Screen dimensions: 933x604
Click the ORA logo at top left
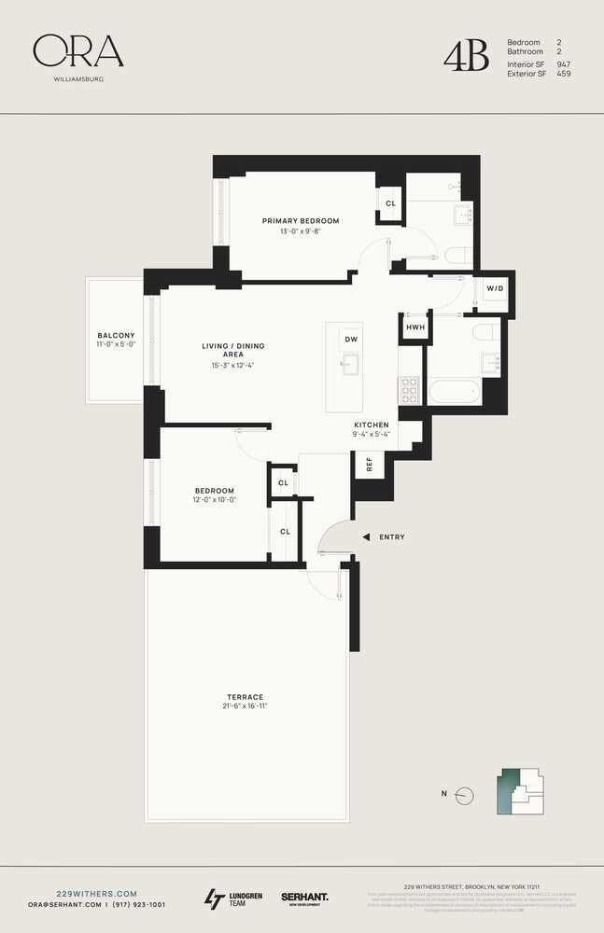tap(78, 52)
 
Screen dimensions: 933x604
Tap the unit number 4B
tap(466, 56)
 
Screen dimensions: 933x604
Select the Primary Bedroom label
tap(300, 221)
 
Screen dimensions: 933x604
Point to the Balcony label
tap(117, 336)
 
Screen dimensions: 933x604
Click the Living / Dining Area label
tap(233, 350)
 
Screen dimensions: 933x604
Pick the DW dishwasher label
tap(351, 339)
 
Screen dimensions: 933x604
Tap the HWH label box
tap(415, 327)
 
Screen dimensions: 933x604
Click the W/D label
tap(494, 288)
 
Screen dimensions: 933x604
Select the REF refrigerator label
tap(369, 464)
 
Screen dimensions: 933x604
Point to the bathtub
tap(456, 391)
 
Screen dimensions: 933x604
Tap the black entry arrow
tap(367, 537)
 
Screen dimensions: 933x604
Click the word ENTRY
tap(392, 537)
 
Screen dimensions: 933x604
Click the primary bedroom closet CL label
tap(391, 203)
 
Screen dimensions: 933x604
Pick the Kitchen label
tap(371, 425)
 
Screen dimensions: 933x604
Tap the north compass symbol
tap(466, 794)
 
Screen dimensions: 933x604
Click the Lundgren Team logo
tap(233, 899)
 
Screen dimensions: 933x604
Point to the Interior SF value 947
tap(563, 64)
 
